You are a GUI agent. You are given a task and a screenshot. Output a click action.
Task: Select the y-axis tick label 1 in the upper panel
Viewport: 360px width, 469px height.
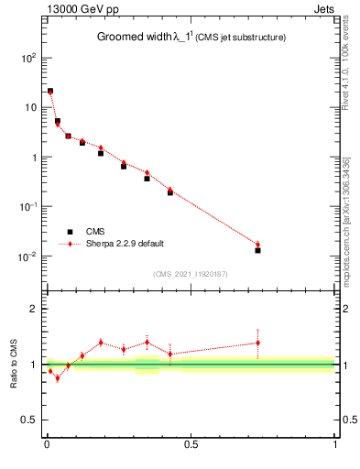(33, 157)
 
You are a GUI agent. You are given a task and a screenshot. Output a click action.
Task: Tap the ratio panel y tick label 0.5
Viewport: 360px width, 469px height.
(28, 420)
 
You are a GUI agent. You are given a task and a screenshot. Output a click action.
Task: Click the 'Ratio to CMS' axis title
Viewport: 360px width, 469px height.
(15, 364)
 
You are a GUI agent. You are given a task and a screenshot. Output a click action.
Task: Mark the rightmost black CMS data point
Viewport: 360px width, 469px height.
(258, 250)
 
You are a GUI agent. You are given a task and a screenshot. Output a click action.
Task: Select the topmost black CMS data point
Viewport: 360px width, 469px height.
(50, 92)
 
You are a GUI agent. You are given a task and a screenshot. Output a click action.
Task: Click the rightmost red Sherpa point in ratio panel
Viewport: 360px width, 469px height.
(258, 343)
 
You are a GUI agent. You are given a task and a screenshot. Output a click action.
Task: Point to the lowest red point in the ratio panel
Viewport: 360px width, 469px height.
(57, 377)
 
